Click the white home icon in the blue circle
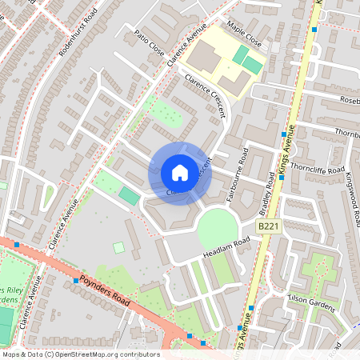tap(180, 173)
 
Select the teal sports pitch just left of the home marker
tap(128, 195)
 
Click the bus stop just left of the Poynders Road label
tap(77, 280)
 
